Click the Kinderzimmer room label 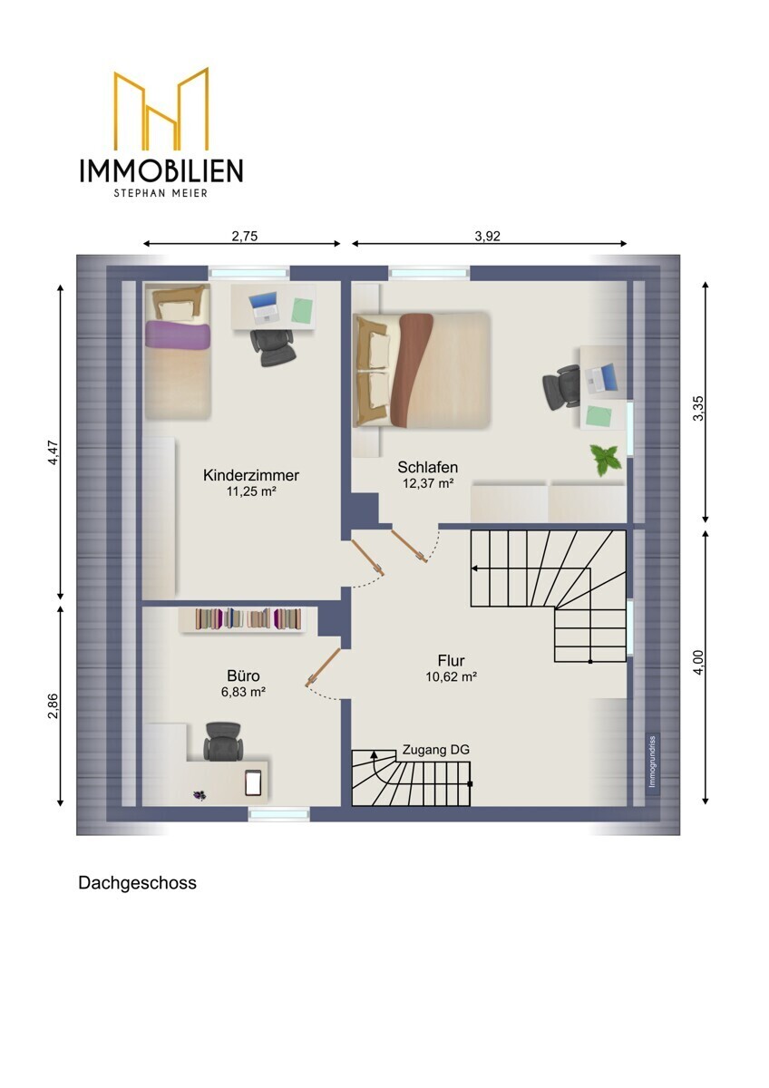coord(250,475)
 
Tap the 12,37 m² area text coord(428,483)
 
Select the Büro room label coord(243,675)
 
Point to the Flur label coord(452,661)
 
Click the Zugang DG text coord(436,751)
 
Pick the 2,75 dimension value coord(244,236)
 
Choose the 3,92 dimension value coord(487,236)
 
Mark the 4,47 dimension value coord(53,452)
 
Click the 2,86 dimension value coord(53,705)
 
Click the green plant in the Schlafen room coord(606,459)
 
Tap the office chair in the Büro coord(222,742)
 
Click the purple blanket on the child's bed coord(178,335)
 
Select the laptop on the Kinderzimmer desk coord(265,308)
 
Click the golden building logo coord(161,109)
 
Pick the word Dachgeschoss coord(138,882)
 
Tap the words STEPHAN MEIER coord(161,193)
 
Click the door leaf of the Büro coord(323,667)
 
